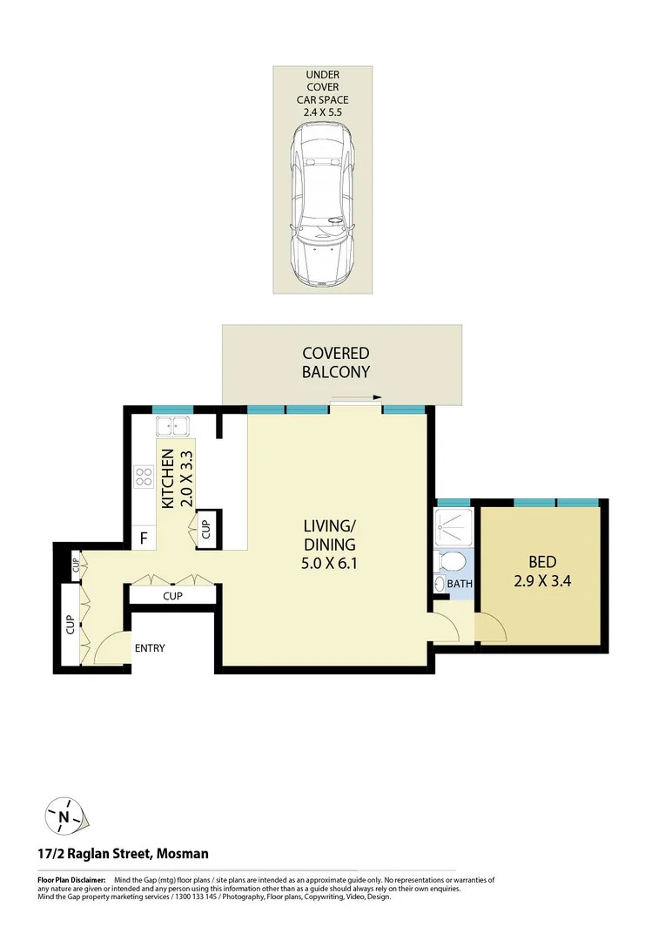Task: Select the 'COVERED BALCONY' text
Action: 336,362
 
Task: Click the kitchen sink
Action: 174,427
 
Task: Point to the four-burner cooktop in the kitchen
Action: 143,477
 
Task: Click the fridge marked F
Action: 144,538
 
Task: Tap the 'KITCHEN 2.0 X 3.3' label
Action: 177,478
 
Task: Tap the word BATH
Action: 460,584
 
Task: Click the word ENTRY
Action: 149,648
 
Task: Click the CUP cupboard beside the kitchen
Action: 206,530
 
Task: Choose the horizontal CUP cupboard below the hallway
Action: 172,596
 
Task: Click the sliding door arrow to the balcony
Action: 356,398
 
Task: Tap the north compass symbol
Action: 65,816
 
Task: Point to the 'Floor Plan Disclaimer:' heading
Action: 71,881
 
